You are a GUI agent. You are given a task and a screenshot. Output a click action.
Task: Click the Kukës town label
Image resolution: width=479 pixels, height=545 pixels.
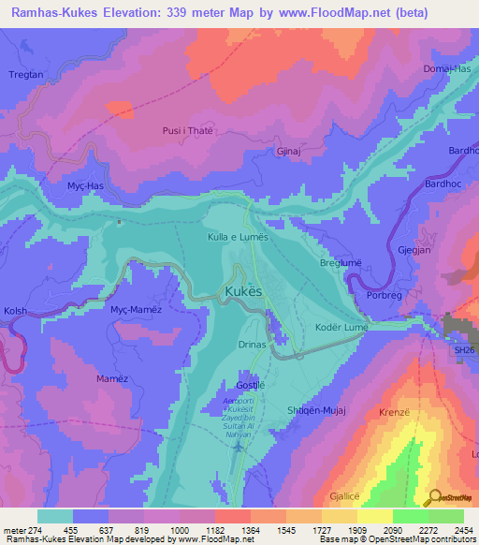[250, 294]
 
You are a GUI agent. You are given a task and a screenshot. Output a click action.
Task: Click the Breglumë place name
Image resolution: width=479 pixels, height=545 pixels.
[341, 264]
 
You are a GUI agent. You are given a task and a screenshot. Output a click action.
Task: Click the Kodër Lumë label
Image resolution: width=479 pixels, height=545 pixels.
[342, 328]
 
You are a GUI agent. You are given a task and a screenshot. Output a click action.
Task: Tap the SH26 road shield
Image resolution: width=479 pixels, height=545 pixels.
[465, 349]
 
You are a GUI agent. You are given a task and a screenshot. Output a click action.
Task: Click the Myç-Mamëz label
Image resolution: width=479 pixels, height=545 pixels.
[137, 309]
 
